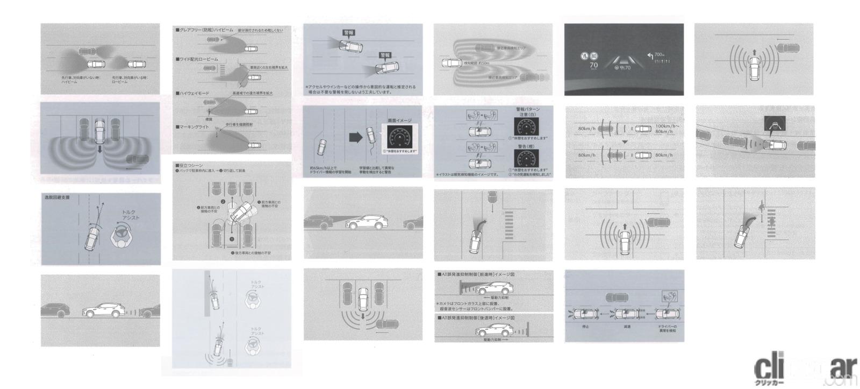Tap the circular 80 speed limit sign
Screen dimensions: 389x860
point(593,55)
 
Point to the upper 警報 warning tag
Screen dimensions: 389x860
point(348,33)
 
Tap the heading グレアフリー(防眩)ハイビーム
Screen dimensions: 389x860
point(204,30)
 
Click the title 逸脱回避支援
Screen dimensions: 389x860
point(57,197)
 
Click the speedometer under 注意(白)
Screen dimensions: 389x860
point(525,126)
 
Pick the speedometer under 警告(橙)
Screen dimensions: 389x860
point(525,159)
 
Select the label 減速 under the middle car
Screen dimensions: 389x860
point(627,327)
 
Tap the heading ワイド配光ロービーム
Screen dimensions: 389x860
point(198,59)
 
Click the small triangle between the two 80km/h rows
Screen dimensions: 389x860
point(625,142)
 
